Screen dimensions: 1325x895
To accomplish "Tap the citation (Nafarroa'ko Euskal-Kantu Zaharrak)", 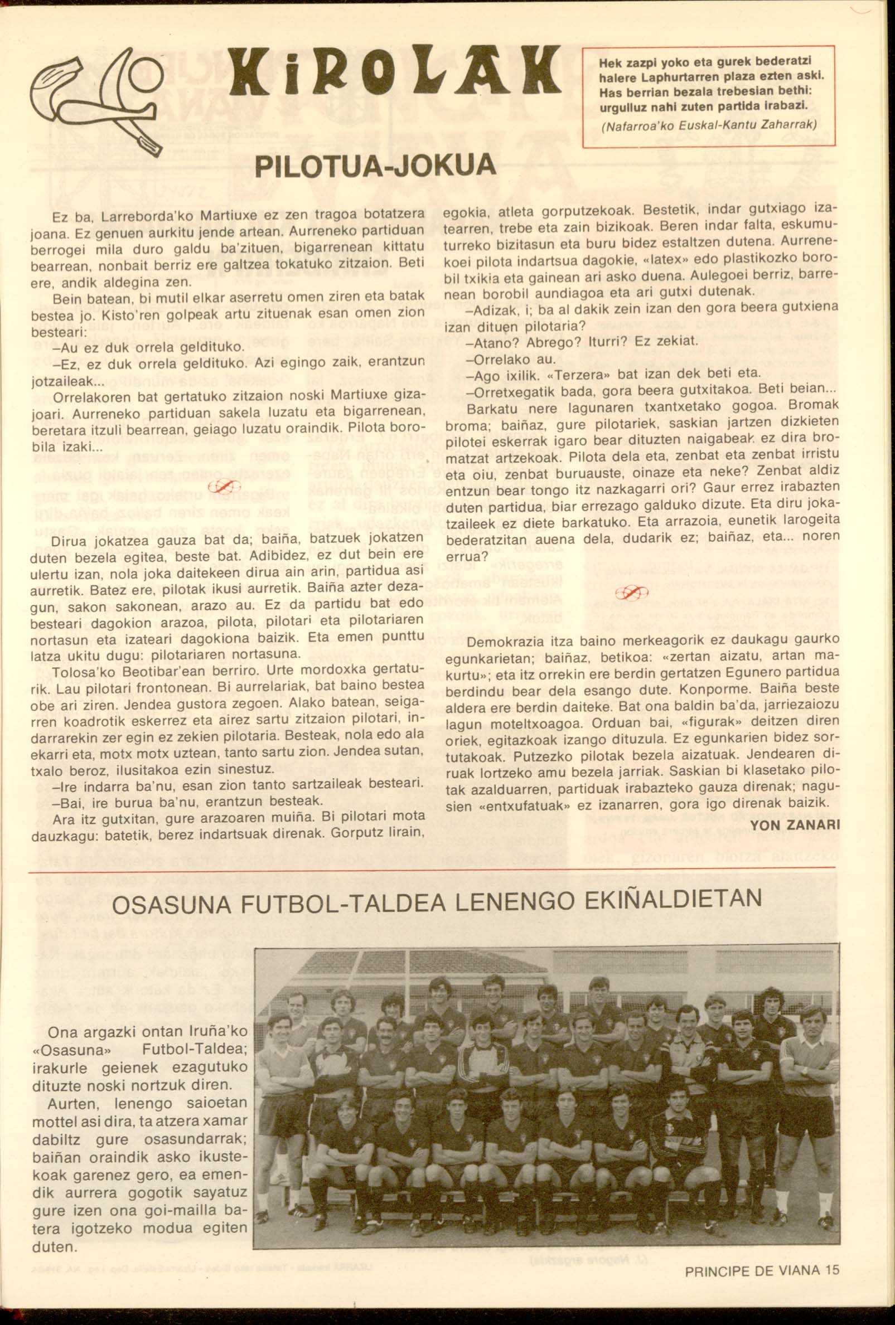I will point(708,123).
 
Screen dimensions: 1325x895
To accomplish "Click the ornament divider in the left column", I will point(226,486).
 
